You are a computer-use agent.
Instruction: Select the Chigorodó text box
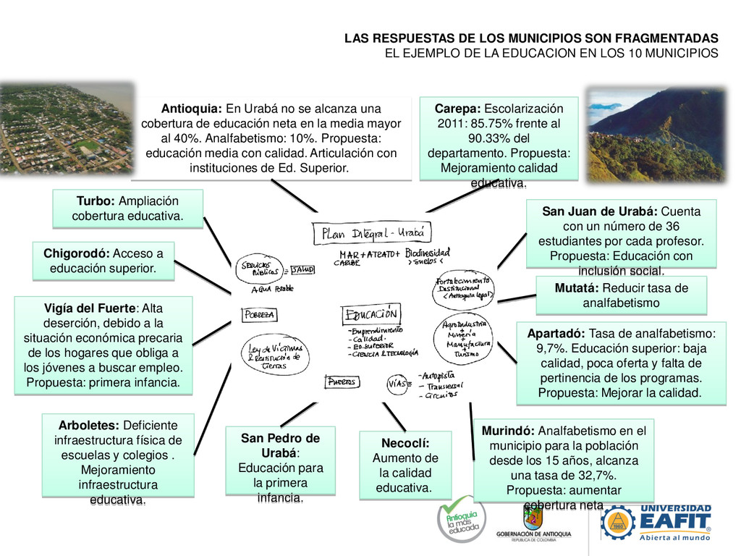click(x=103, y=261)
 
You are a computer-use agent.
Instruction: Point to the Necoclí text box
click(x=405, y=465)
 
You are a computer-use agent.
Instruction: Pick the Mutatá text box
click(x=621, y=295)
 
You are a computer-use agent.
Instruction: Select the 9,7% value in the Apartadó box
click(x=554, y=348)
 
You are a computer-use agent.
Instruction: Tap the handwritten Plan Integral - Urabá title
click(x=373, y=233)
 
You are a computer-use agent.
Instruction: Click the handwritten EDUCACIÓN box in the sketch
click(x=370, y=315)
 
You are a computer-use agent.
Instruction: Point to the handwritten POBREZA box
click(x=259, y=315)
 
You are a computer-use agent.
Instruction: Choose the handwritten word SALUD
click(x=302, y=270)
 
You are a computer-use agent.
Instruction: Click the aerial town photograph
click(x=67, y=129)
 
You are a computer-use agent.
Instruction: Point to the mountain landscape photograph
click(x=654, y=135)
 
